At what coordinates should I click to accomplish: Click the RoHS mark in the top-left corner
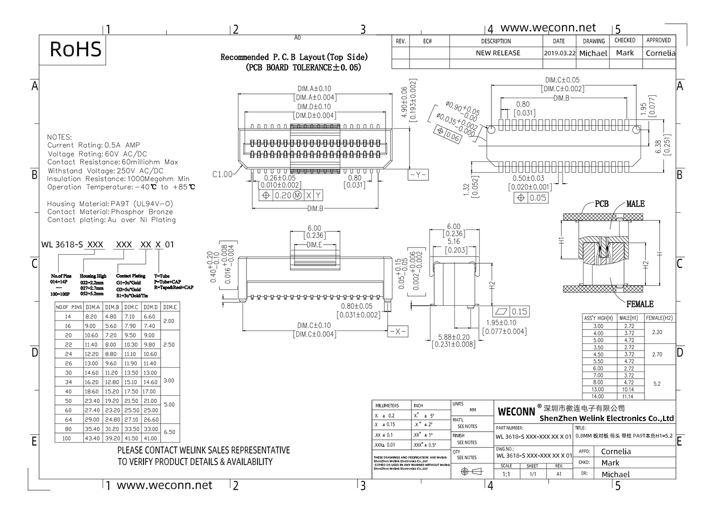click(x=75, y=50)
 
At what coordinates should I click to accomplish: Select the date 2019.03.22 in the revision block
click(x=559, y=53)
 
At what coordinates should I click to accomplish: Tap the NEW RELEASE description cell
click(x=498, y=53)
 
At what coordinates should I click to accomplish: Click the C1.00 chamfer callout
click(x=222, y=175)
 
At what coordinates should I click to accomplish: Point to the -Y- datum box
click(x=418, y=175)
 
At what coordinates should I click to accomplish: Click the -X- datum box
click(x=398, y=331)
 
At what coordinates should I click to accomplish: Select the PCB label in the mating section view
click(x=602, y=204)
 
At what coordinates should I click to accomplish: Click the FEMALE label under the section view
click(x=640, y=304)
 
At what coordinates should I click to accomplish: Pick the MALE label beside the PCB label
click(x=635, y=204)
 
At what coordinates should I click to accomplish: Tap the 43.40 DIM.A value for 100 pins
click(x=92, y=438)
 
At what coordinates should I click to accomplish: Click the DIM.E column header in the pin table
click(x=170, y=308)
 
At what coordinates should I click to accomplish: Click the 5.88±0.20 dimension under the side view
click(x=453, y=337)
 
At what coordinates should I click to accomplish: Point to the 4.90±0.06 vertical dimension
click(x=404, y=103)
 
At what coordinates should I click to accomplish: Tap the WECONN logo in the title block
click(x=516, y=412)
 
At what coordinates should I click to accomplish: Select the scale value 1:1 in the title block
click(x=506, y=474)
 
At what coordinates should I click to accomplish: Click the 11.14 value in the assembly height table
click(x=628, y=396)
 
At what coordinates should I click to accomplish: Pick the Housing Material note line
click(x=110, y=204)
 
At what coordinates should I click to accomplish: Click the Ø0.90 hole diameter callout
click(x=462, y=111)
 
